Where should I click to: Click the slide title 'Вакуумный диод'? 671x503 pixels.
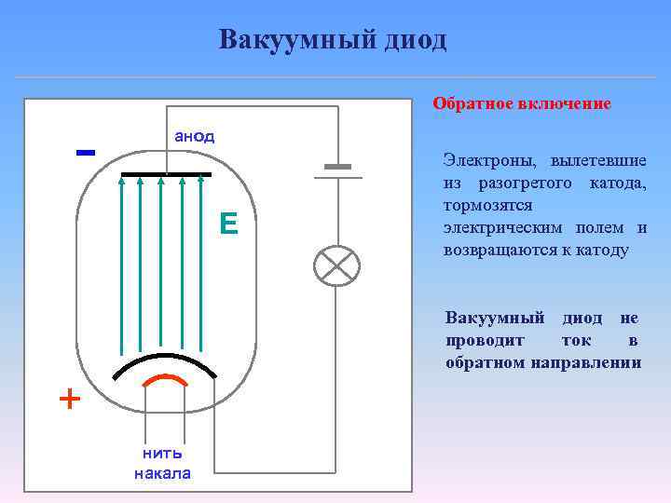333,40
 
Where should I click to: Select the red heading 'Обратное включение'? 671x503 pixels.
521,103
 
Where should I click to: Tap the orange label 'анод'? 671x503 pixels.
194,136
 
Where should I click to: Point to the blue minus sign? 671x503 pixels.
86,152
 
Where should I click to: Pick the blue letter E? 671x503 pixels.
228,223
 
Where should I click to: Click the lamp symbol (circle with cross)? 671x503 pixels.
336,266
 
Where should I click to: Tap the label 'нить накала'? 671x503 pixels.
162,463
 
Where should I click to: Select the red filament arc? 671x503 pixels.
166,380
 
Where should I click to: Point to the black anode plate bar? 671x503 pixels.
166,174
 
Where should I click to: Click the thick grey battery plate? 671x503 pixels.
336,167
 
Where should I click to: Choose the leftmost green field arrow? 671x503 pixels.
121,261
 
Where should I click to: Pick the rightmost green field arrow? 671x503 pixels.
202,261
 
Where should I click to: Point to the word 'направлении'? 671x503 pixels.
586,362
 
